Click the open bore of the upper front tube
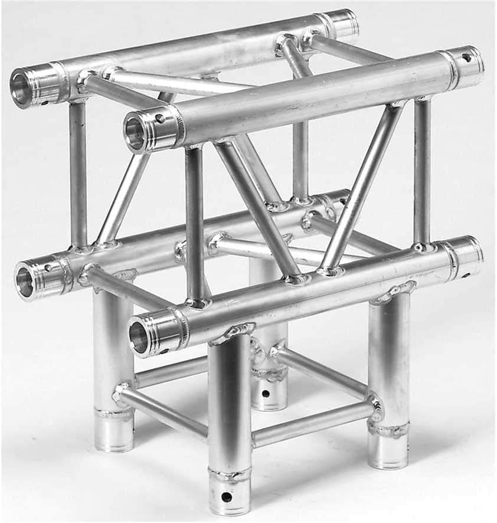(x=135, y=134)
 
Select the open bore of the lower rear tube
(x=25, y=282)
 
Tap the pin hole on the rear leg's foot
(x=265, y=393)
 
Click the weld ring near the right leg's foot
(x=388, y=429)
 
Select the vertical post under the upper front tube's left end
(x=195, y=224)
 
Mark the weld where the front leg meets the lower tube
(x=233, y=333)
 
